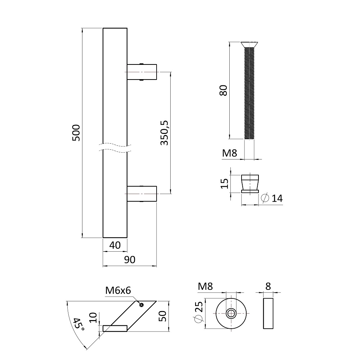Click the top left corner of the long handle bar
click(x=103, y=28)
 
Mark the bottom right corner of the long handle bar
click(x=127, y=237)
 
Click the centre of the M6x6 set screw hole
click(x=141, y=305)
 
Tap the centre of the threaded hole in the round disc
click(x=231, y=314)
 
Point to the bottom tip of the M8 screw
click(x=249, y=139)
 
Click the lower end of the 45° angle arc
click(x=87, y=350)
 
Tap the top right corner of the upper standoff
click(x=157, y=64)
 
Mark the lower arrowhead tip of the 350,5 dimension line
click(x=170, y=194)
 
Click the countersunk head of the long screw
click(x=249, y=45)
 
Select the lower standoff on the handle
click(x=142, y=194)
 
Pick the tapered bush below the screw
click(x=250, y=184)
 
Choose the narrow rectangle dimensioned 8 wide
click(x=268, y=314)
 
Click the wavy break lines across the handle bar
click(x=115, y=148)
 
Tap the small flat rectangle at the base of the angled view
click(x=115, y=329)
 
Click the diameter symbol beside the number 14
click(x=265, y=198)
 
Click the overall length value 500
click(x=76, y=133)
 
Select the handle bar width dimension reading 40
click(x=115, y=246)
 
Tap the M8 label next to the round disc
click(x=206, y=286)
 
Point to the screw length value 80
click(x=223, y=90)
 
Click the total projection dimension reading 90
click(x=130, y=260)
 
